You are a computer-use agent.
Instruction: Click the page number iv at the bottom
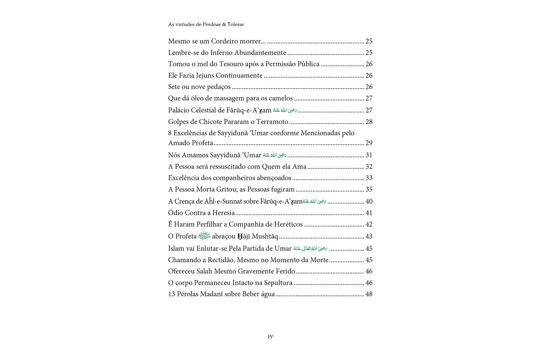pos(270,336)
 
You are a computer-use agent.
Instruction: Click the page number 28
pos(369,122)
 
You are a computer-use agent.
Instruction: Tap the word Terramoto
pos(273,122)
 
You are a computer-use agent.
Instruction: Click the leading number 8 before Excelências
pos(170,133)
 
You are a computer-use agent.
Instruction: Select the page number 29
pos(369,143)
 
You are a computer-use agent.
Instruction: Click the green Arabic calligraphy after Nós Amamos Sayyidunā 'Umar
pos(275,155)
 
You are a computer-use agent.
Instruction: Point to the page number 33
pos(369,178)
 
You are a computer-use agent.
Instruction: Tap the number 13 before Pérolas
pos(172,294)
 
